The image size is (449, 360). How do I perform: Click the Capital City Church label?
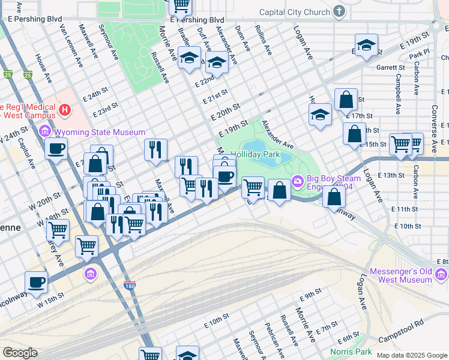295,12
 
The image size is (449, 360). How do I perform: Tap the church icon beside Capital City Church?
339,12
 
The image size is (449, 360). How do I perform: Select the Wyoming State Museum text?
100,132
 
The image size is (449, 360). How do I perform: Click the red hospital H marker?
65,110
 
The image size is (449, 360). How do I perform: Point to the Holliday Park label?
256,154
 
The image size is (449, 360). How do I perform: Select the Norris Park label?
351,352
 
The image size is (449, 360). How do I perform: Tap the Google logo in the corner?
20,353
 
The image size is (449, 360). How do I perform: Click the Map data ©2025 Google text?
412,355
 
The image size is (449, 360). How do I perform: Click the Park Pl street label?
419,55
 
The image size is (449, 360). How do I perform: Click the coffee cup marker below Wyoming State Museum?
56,149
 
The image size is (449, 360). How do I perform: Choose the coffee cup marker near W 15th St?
35,282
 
